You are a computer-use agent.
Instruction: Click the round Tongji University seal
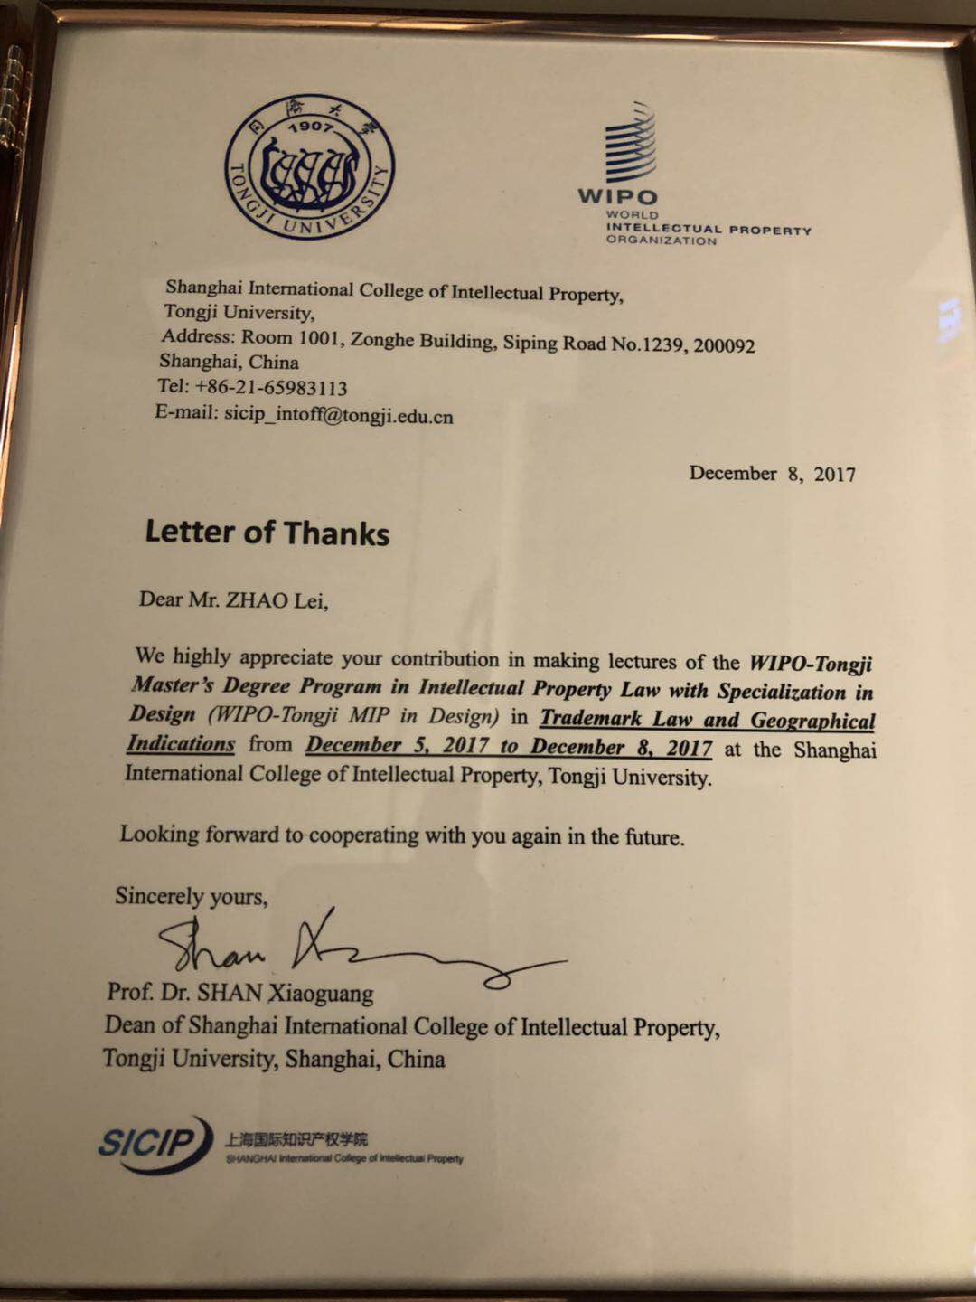tap(309, 171)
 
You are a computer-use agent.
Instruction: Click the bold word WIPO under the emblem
tap(617, 196)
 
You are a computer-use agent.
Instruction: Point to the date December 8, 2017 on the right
tap(772, 474)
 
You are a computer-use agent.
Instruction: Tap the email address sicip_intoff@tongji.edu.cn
tap(339, 416)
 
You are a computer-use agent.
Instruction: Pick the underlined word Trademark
tap(591, 720)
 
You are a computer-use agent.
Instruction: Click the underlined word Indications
tap(180, 744)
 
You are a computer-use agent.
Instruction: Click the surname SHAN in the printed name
tap(230, 993)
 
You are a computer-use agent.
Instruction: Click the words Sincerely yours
tap(191, 896)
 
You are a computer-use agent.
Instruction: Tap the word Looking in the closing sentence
tap(159, 834)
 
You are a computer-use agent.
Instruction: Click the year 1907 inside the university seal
tap(309, 125)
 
